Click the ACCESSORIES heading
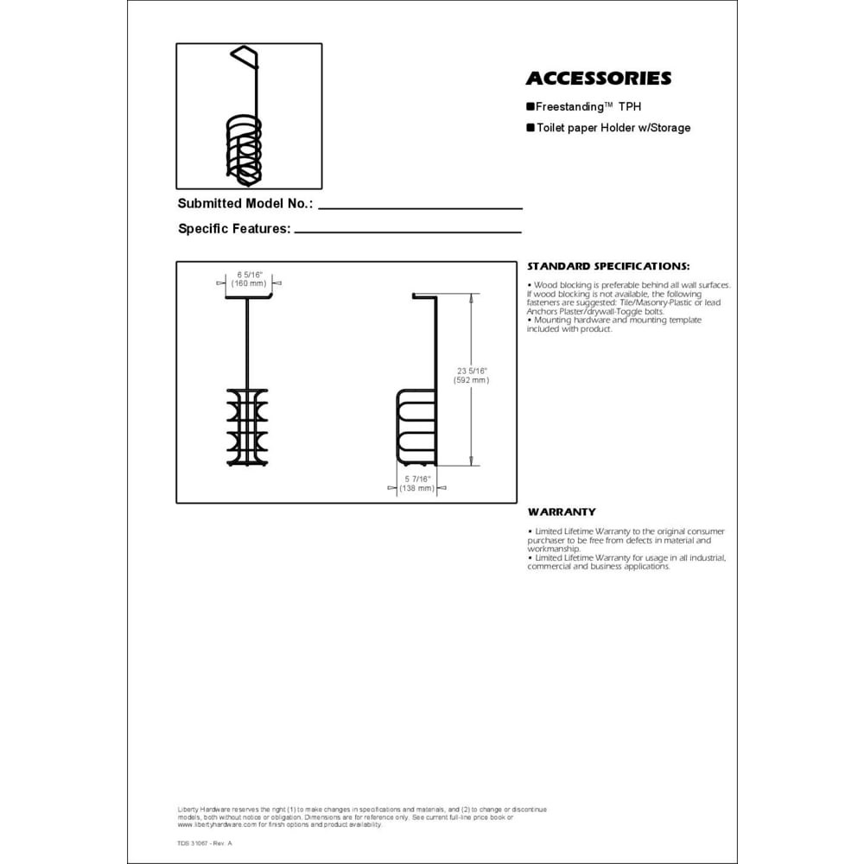click(x=598, y=79)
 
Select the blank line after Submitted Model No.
click(x=421, y=207)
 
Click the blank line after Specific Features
click(x=408, y=232)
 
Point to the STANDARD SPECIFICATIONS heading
click(x=608, y=266)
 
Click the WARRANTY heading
click(x=562, y=512)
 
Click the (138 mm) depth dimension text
click(x=416, y=489)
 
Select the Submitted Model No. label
click(x=245, y=205)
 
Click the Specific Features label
click(x=233, y=229)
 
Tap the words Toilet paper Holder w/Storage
click(x=613, y=128)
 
